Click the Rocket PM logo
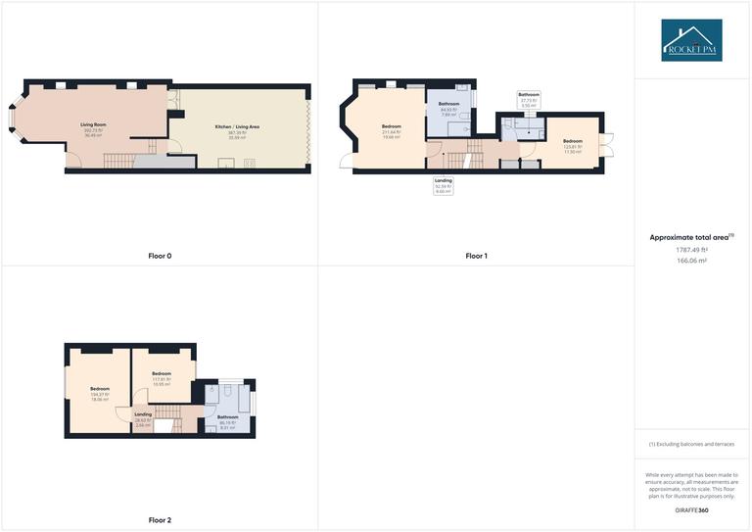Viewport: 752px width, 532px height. (x=691, y=40)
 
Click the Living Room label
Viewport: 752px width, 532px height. (x=93, y=128)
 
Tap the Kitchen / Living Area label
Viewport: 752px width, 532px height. (x=237, y=130)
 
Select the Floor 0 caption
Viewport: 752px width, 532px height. (x=160, y=256)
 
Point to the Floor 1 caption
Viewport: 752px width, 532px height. (x=476, y=256)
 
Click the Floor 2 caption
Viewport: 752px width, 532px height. (x=160, y=520)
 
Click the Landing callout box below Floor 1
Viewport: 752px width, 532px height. (x=444, y=185)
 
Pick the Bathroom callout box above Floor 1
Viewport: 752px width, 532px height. (x=529, y=99)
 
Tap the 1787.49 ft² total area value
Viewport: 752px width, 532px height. (x=691, y=250)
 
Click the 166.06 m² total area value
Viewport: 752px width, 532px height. (x=691, y=262)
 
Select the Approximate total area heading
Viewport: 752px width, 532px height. (x=691, y=237)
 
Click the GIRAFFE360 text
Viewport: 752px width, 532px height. (x=691, y=511)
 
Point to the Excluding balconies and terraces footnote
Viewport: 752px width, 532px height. (x=691, y=445)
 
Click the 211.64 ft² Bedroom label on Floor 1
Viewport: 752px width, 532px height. (x=391, y=131)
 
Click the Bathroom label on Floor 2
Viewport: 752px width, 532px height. (x=227, y=422)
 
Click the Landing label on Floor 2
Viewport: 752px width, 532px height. (x=142, y=418)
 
